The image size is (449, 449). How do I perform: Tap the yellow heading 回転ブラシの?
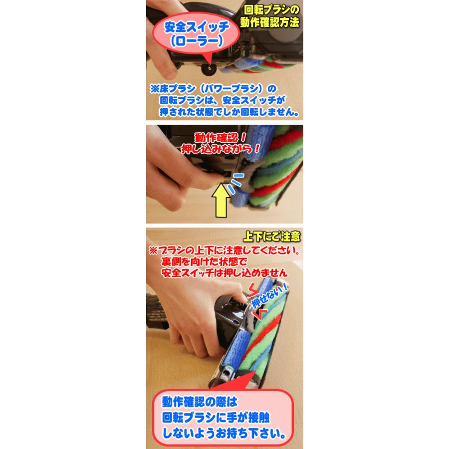tap(271, 10)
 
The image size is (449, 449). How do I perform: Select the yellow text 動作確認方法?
tap(269, 22)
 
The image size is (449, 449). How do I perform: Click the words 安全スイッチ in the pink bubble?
tap(197, 27)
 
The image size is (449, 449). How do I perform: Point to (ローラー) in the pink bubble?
tap(197, 41)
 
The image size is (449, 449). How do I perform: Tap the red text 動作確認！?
tap(221, 138)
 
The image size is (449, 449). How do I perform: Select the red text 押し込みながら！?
tap(221, 149)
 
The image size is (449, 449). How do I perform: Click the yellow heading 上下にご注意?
tap(271, 236)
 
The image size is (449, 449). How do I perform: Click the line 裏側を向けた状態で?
tap(204, 261)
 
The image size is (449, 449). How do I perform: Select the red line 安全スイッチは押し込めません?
tap(224, 272)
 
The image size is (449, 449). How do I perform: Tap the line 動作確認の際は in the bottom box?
tap(200, 402)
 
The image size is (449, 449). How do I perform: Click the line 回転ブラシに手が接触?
tap(216, 418)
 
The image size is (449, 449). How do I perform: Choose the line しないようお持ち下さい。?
tap(224, 433)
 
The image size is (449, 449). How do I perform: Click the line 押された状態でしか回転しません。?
tap(229, 112)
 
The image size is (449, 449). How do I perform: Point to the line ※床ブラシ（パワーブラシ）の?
tap(214, 89)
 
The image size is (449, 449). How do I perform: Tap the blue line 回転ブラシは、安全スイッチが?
tap(223, 100)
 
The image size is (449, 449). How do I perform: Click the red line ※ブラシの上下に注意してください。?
tap(224, 250)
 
